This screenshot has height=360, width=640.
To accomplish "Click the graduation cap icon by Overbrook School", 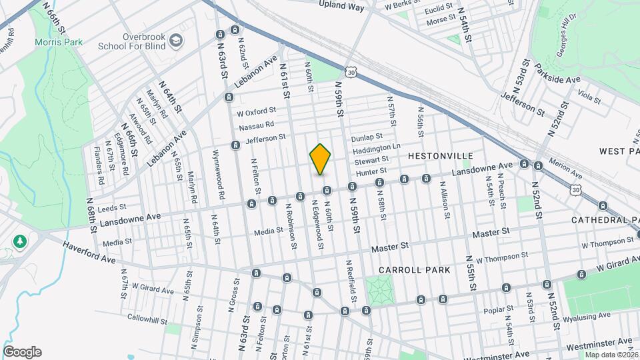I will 175,41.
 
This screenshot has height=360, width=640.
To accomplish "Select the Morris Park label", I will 59,42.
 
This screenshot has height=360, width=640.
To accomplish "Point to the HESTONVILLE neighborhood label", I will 435,155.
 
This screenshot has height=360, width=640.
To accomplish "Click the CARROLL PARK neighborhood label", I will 414,270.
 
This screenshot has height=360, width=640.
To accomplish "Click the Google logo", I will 22,352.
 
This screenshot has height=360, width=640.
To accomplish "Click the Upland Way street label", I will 341,7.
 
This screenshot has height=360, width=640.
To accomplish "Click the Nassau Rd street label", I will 256,125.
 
